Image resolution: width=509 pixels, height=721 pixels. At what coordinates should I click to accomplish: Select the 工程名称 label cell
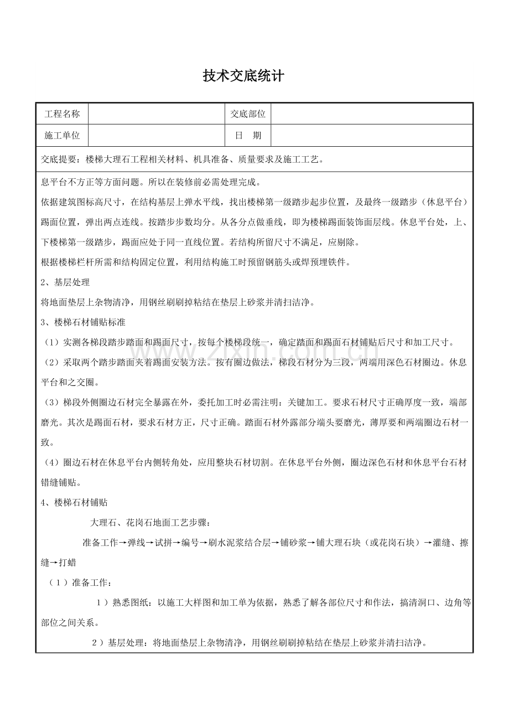tap(62, 114)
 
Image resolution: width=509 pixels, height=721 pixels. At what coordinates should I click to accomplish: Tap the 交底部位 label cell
tap(248, 114)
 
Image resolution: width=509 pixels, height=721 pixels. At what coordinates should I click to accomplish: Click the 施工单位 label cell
tap(62, 136)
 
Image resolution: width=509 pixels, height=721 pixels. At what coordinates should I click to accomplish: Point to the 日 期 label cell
tap(248, 136)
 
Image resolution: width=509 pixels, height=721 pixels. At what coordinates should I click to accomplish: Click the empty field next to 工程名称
tap(157, 114)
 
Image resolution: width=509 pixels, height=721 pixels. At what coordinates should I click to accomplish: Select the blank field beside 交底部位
tap(372, 114)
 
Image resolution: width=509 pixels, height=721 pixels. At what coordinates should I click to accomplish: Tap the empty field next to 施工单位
tap(157, 136)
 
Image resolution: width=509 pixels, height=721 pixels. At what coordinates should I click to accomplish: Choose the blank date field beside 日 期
tap(372, 136)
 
